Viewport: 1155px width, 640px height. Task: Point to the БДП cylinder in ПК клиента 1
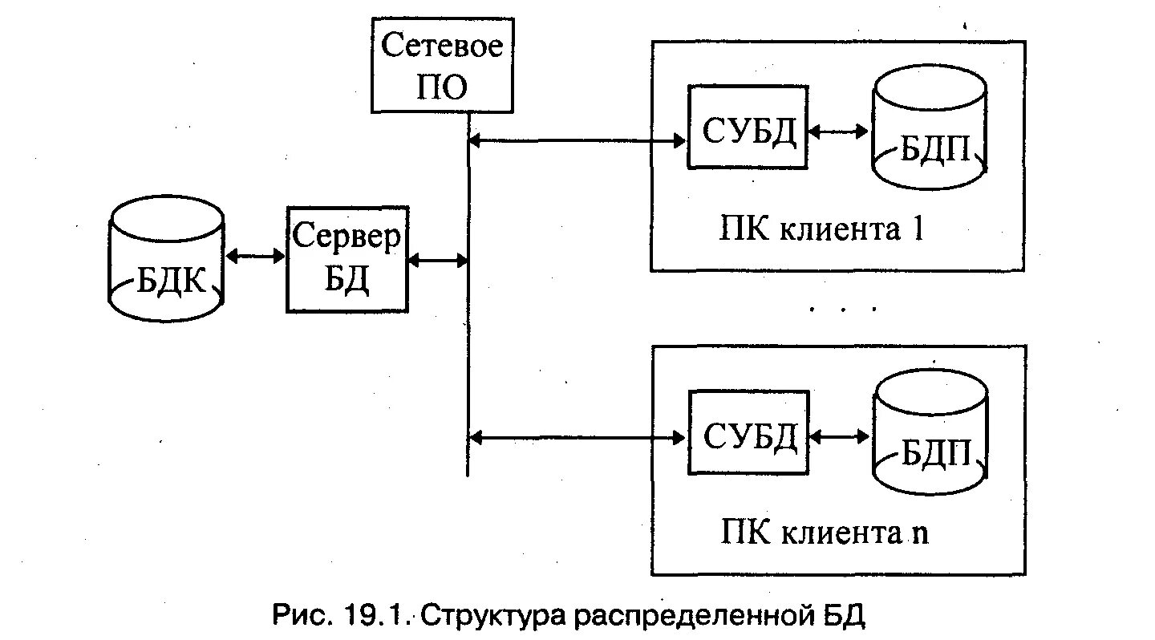point(930,128)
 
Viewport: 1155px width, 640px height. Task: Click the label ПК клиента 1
point(821,230)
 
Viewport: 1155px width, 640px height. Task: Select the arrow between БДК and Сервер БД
point(255,257)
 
